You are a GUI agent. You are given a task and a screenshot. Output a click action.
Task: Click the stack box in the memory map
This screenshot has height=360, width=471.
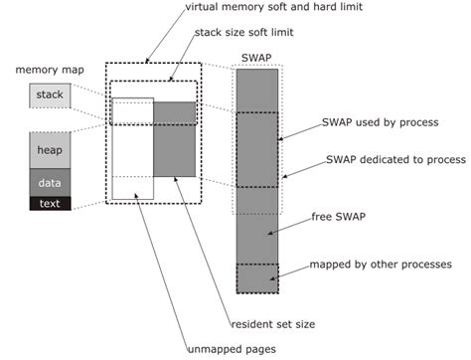[50, 95]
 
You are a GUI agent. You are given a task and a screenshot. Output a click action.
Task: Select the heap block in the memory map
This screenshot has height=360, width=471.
[50, 150]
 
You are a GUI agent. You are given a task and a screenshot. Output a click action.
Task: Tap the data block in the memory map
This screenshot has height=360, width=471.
[50, 183]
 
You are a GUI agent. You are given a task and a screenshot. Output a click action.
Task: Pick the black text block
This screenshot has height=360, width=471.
[50, 203]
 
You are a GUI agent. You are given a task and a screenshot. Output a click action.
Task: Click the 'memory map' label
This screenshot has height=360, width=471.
[49, 70]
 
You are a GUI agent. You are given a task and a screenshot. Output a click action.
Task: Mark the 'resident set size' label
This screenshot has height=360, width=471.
[275, 324]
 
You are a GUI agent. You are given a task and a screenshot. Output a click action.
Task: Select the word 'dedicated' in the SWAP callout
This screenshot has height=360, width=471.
[392, 158]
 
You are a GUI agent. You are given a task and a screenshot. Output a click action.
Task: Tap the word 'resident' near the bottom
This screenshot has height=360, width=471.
[252, 324]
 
